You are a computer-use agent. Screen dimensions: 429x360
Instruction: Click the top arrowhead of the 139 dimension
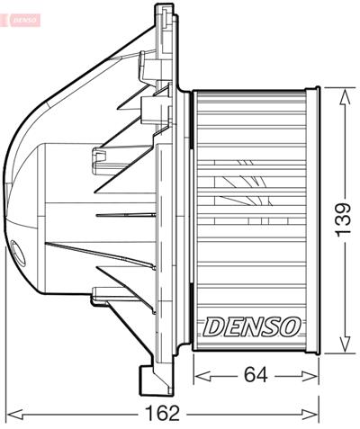coord(343,94)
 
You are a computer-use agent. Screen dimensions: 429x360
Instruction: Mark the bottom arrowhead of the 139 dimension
coord(343,348)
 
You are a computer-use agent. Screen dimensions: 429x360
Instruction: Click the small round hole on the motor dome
coord(21,251)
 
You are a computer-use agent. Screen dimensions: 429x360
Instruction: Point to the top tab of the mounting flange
coord(165,11)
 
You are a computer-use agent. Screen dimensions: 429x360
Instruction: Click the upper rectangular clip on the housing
coord(101,160)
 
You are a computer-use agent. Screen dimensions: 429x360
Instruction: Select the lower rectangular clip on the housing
coord(103,292)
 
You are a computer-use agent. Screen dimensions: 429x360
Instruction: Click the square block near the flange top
coord(156,109)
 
